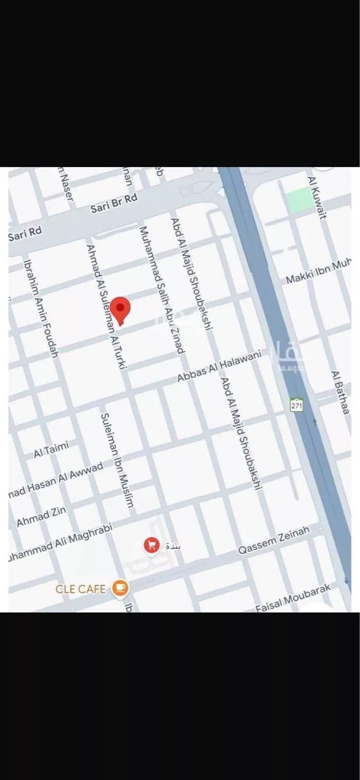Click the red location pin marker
pos(120,308)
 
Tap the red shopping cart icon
pos(152,545)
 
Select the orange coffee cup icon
pos(120,588)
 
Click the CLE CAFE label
pos(80,589)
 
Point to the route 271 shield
pos(297,404)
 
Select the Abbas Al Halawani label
pos(219,366)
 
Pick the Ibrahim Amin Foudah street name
pos(41,309)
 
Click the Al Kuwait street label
pos(317,197)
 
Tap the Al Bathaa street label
pos(339,392)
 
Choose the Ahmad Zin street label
pos(41,516)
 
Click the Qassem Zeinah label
pos(274,540)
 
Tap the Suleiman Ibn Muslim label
pos(117,460)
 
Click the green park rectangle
pos(300,200)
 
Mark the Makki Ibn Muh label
pos(318,271)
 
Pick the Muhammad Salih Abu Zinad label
pos(161,290)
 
